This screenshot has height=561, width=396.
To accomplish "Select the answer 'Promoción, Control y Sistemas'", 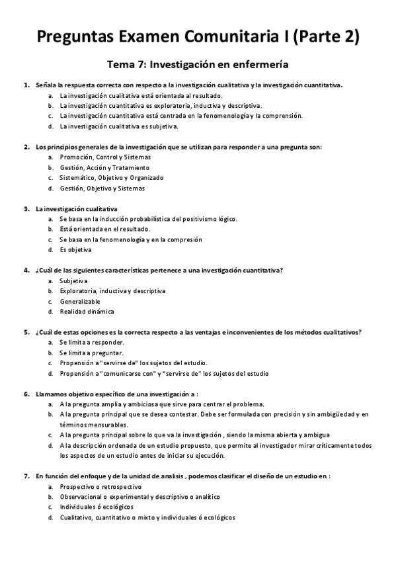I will [104, 157].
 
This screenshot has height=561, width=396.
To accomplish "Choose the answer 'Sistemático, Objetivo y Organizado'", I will [111, 177].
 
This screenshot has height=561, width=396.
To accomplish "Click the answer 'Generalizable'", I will [80, 301].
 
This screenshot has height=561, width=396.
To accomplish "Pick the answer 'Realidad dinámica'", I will [87, 312].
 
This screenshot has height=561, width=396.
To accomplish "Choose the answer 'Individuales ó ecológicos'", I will [97, 507].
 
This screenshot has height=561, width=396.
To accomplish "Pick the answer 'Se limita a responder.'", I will [92, 342].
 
